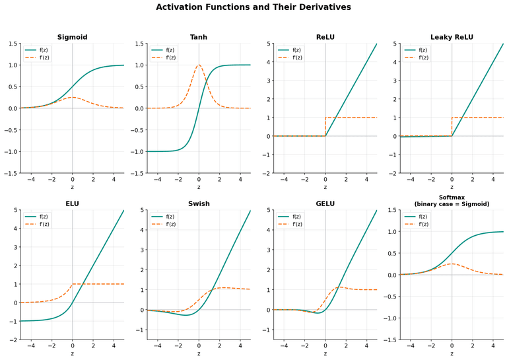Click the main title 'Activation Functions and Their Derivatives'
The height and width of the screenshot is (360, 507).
[253, 7]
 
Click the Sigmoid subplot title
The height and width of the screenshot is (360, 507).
[73, 37]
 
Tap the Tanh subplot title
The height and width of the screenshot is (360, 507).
[199, 37]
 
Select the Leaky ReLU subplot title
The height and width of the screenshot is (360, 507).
[452, 37]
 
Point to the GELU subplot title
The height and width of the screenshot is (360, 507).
[325, 203]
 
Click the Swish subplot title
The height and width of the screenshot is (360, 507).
[199, 203]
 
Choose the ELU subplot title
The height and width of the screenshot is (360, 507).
[73, 203]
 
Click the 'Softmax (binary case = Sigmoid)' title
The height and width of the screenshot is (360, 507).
[452, 200]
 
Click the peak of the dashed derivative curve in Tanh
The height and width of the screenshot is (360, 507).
[199, 65]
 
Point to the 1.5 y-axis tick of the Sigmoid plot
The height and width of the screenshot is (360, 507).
[13, 44]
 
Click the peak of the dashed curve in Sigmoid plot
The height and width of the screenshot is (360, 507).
[73, 97]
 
